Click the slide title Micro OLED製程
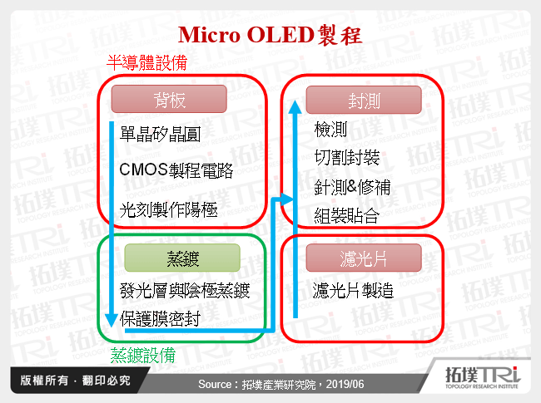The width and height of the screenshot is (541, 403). (x=270, y=35)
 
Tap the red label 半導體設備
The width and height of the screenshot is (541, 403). (x=146, y=62)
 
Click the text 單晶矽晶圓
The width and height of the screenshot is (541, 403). (x=160, y=133)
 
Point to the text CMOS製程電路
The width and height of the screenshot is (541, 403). (x=176, y=171)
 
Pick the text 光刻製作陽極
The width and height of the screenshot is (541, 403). (x=169, y=210)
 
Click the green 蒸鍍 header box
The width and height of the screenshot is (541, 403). (x=181, y=258)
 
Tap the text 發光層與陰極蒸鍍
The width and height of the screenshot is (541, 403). (x=184, y=291)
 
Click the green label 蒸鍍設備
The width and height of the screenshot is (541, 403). (x=143, y=356)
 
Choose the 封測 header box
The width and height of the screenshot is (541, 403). (x=365, y=101)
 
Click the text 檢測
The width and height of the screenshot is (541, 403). (x=331, y=130)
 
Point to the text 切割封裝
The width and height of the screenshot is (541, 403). (x=347, y=158)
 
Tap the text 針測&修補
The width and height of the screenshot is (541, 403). (x=352, y=187)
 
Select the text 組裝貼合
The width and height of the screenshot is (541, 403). (x=347, y=216)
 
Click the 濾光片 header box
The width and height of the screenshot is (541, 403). (x=365, y=258)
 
